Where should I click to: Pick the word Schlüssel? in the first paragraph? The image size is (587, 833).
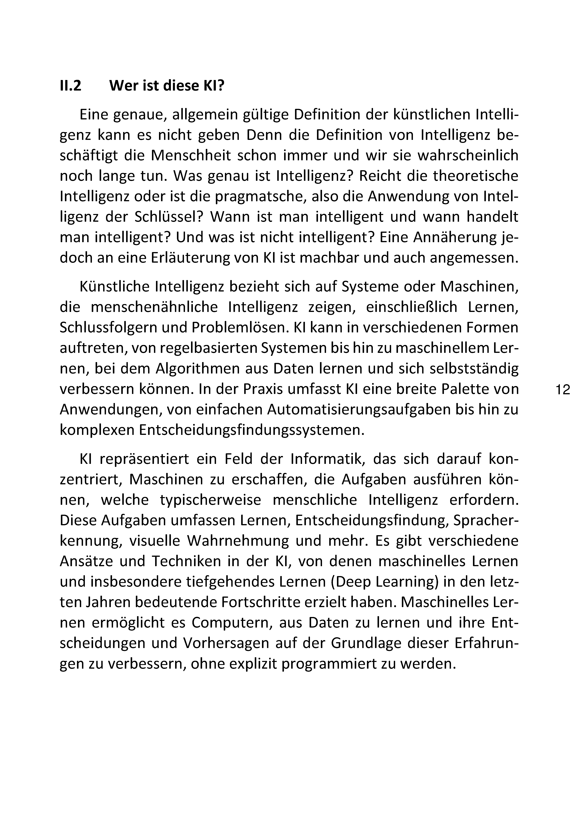(170, 217)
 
